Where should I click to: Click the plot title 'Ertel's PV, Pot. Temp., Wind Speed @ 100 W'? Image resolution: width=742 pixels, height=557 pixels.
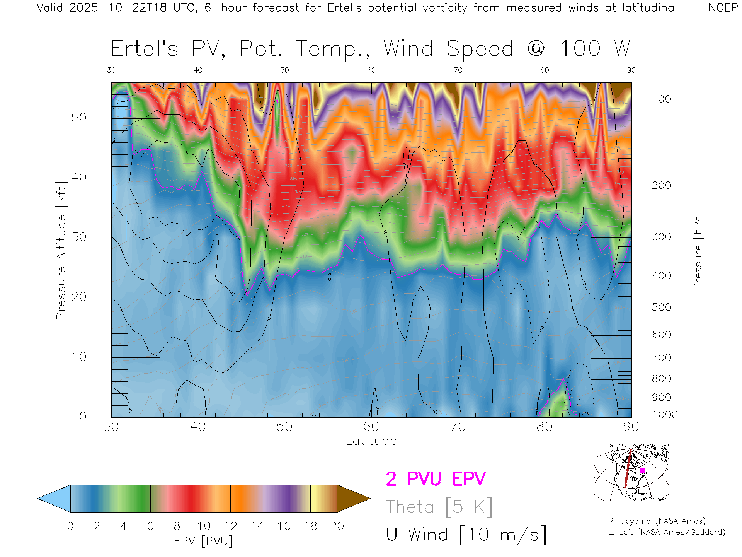click(370, 49)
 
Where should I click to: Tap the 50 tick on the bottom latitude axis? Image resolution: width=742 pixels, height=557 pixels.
click(284, 427)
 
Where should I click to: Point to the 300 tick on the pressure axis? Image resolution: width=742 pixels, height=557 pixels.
click(661, 237)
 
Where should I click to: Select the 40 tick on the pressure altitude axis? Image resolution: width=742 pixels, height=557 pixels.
click(79, 177)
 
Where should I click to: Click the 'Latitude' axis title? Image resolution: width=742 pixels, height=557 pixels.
click(371, 441)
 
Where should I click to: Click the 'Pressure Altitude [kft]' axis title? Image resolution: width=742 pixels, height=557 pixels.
click(61, 250)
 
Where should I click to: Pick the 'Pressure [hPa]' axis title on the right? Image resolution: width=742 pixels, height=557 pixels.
click(698, 250)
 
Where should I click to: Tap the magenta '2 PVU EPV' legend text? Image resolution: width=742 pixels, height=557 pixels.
click(436, 479)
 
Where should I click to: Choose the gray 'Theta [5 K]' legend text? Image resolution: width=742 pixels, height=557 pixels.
click(439, 507)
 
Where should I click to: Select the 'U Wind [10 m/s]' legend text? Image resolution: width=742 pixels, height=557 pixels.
click(466, 535)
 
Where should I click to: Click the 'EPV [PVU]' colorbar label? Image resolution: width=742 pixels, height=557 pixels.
click(203, 541)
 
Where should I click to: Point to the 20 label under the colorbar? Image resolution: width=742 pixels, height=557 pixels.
click(337, 526)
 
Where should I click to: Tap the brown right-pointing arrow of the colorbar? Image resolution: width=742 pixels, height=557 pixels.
click(352, 499)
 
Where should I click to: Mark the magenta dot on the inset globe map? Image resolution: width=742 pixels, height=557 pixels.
click(642, 471)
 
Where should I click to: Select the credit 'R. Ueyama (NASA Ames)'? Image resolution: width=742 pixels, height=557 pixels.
click(657, 521)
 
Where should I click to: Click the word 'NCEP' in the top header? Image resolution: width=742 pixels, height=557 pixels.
click(723, 8)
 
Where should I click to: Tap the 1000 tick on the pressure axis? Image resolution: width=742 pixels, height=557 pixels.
click(665, 415)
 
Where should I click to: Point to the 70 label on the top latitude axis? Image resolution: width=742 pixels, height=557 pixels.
click(458, 70)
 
